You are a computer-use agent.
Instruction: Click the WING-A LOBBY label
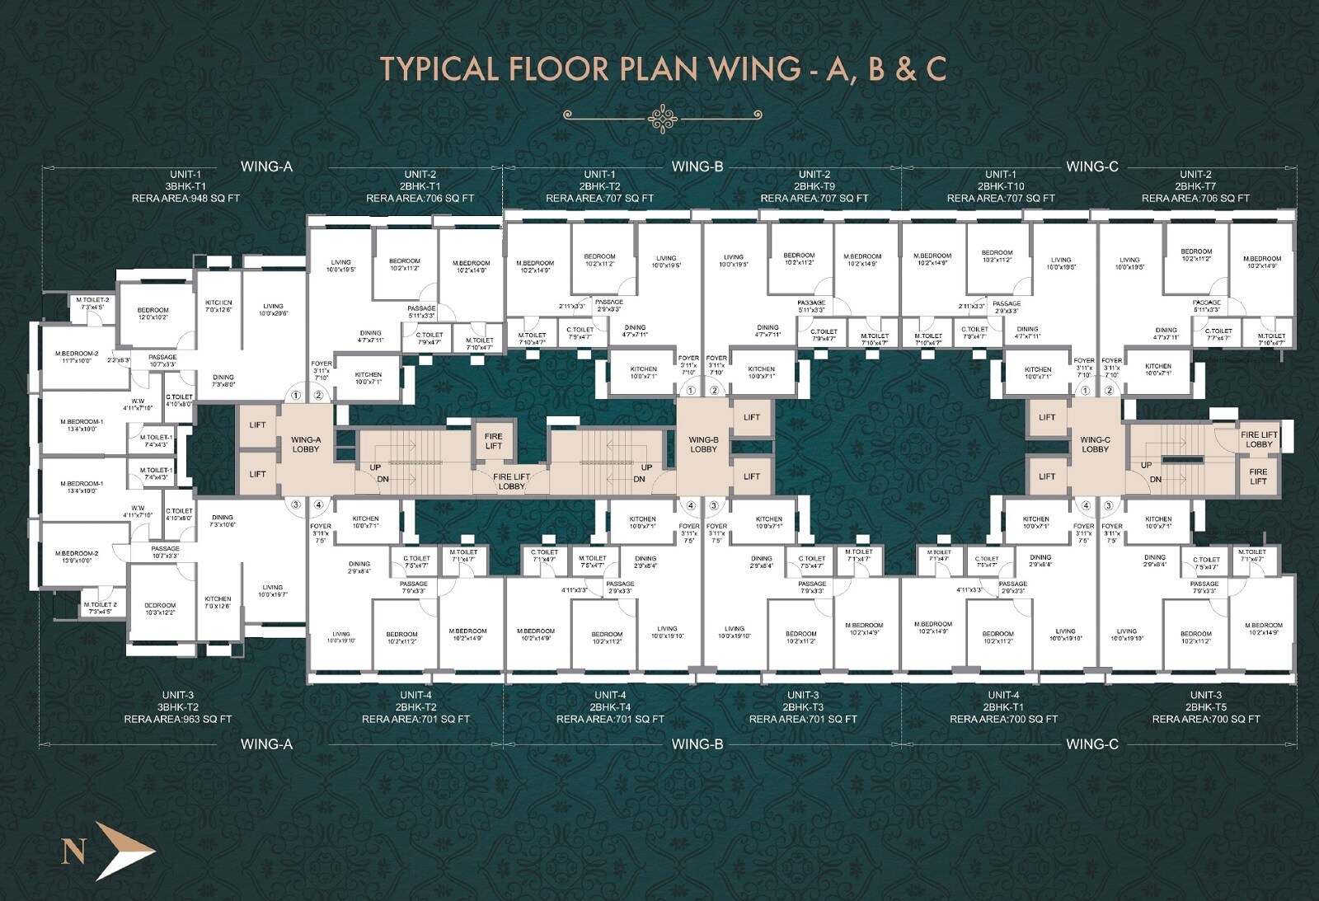coord(305,444)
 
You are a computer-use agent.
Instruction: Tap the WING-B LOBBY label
coord(703,444)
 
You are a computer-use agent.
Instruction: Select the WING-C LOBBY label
coord(1095,444)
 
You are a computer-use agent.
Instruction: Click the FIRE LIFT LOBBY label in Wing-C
coord(1259,439)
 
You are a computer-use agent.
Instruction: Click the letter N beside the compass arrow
coord(73,851)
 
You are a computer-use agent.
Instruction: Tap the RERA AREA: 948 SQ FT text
coord(185,199)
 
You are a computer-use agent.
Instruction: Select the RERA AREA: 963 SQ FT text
coord(178,719)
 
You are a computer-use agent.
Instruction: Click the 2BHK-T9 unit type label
coord(814,186)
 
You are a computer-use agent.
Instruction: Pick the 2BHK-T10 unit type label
coord(1000,186)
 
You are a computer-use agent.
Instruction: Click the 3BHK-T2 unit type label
coord(178,707)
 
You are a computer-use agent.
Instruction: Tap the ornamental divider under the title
coord(662,118)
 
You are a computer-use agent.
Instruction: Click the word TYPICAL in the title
coord(439,69)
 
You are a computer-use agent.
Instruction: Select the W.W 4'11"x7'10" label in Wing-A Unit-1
coord(138,404)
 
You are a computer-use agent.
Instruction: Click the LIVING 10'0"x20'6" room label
coord(273,309)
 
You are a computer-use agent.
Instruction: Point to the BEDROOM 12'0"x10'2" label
coord(153,313)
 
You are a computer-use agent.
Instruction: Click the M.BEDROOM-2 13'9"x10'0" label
coord(77,556)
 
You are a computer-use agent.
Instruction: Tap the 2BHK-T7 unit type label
coord(1195,186)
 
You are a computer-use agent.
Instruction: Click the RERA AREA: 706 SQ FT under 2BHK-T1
coord(420,199)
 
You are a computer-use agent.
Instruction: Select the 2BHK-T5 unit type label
coord(1205,707)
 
